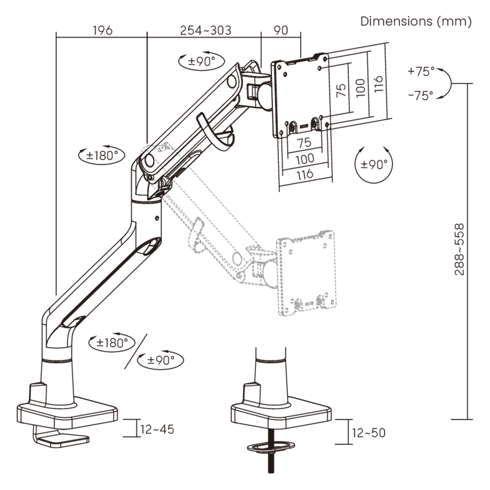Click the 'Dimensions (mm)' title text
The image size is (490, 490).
click(416, 22)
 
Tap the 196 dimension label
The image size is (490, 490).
click(103, 30)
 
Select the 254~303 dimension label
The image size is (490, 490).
click(205, 30)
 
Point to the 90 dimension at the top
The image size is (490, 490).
click(281, 30)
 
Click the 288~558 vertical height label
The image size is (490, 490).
click(459, 249)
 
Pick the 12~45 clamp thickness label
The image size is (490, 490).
click(157, 429)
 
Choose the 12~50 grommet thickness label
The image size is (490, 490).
click(369, 433)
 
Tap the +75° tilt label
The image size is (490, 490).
click(421, 71)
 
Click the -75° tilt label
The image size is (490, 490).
click(421, 95)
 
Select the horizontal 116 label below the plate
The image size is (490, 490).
click(305, 174)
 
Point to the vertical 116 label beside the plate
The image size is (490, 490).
click(378, 84)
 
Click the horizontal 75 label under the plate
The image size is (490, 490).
click(304, 142)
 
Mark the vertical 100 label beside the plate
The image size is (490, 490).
click(360, 88)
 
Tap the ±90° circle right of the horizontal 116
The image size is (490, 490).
click(374, 164)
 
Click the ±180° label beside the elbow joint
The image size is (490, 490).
click(102, 155)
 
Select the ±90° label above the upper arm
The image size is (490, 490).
click(202, 61)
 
